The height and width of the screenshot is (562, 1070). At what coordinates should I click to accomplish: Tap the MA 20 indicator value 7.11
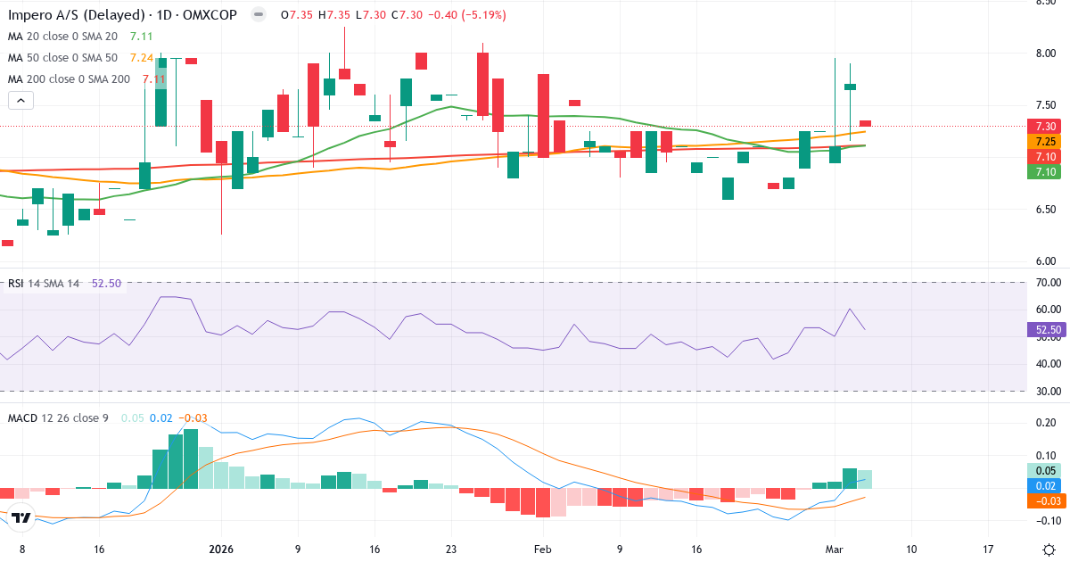141,37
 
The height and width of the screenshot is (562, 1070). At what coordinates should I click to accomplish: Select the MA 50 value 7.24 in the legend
141,58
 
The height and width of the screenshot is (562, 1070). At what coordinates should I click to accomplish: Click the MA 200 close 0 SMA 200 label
69,79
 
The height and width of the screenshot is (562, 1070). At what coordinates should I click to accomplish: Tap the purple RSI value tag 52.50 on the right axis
1047,330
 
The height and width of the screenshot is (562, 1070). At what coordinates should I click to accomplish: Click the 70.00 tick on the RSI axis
1047,283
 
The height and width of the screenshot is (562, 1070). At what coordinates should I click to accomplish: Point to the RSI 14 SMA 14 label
44,284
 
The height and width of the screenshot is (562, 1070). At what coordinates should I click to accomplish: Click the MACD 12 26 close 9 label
57,418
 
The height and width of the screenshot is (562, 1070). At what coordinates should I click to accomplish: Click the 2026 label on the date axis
220,550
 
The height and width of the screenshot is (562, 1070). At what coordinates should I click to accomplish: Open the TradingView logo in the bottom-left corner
21,517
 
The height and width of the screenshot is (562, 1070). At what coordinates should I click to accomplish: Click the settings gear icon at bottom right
1049,550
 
